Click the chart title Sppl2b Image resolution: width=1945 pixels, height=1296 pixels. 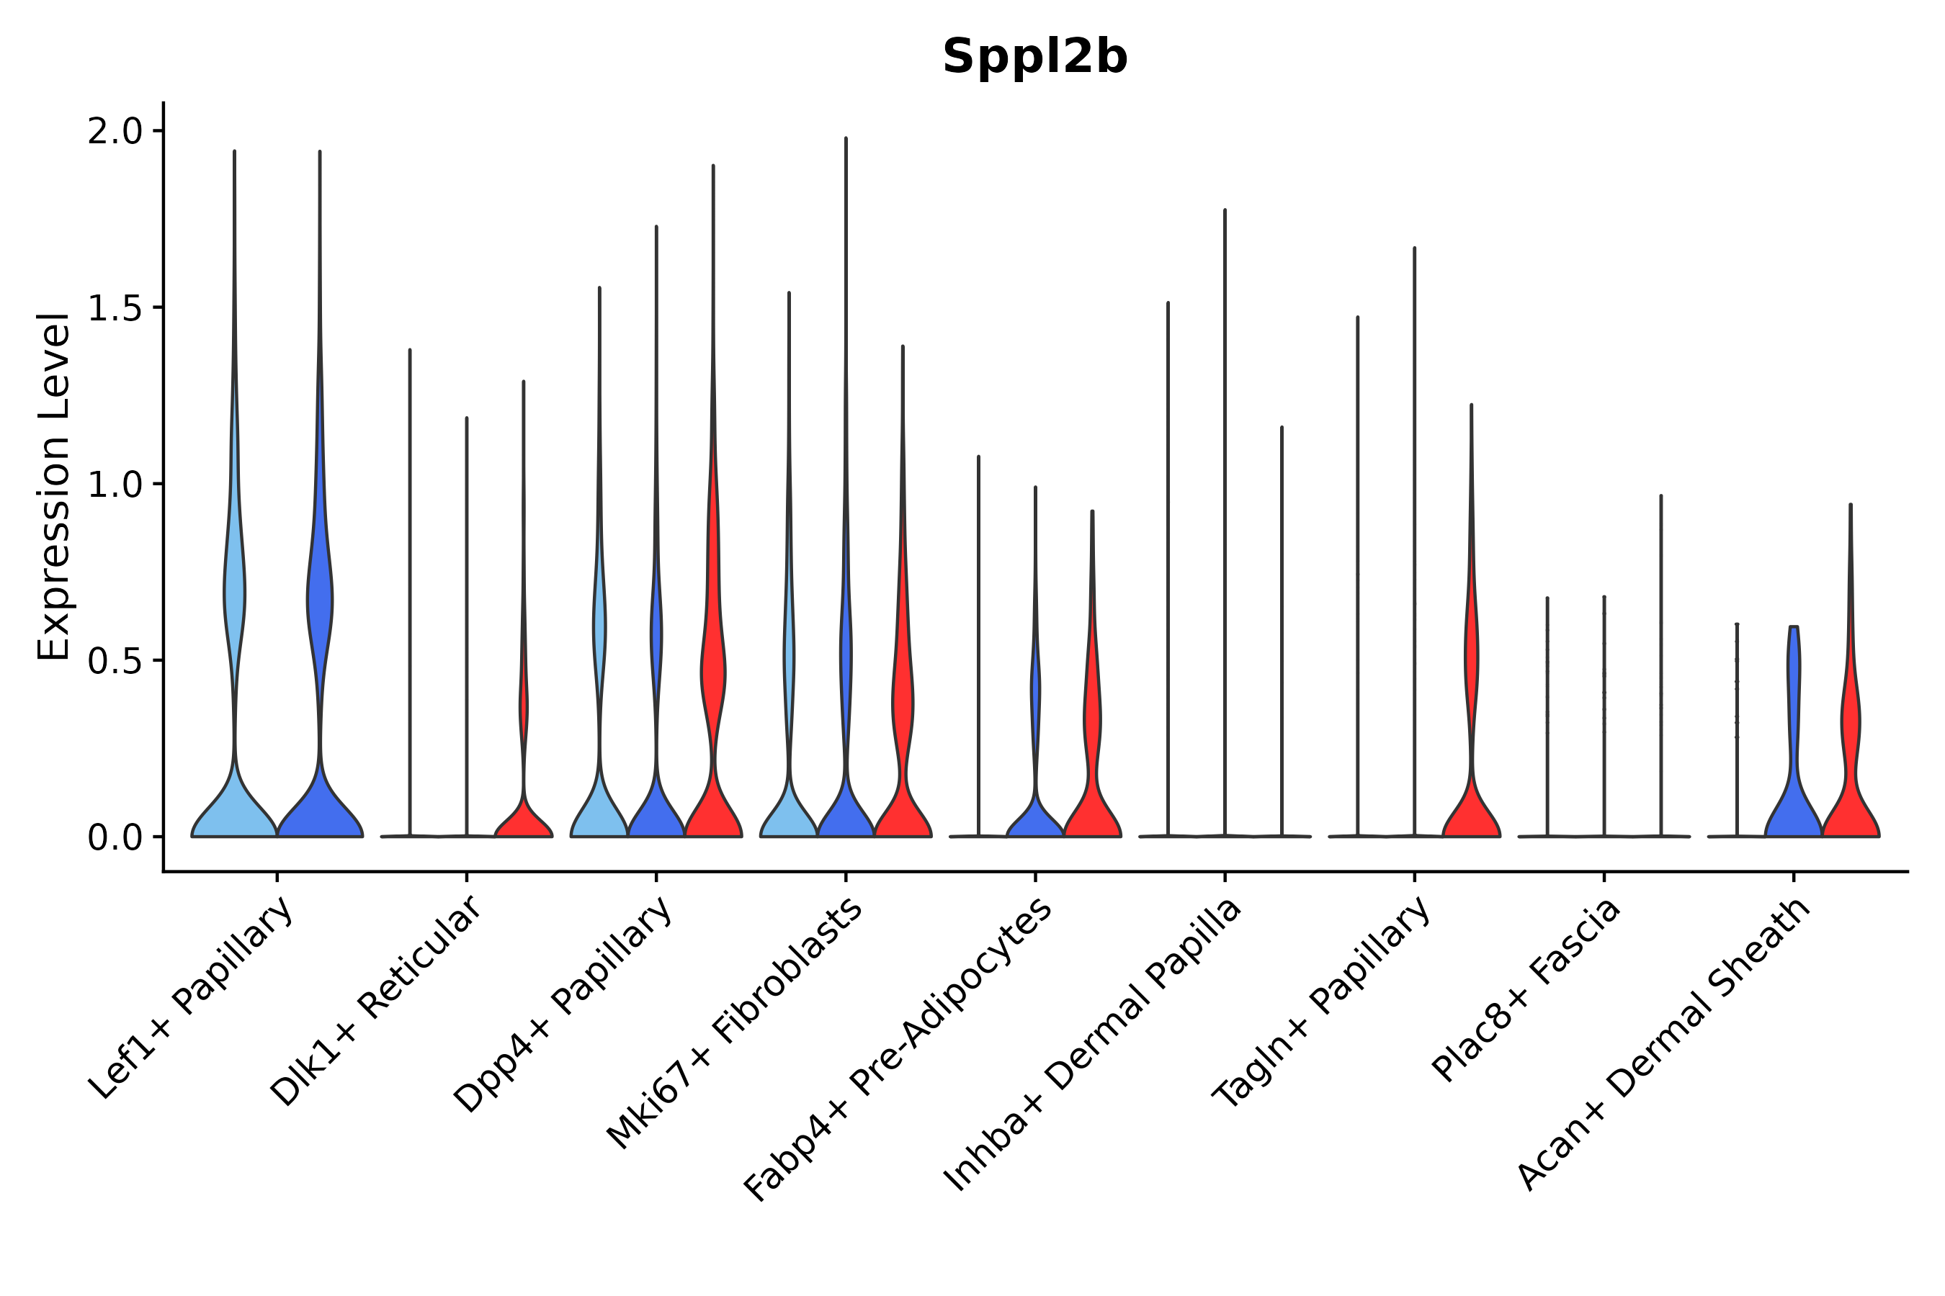[1034, 57]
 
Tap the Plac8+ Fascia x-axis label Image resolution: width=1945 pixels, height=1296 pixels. [1526, 989]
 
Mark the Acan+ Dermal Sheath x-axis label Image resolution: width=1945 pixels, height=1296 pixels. [1664, 1045]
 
